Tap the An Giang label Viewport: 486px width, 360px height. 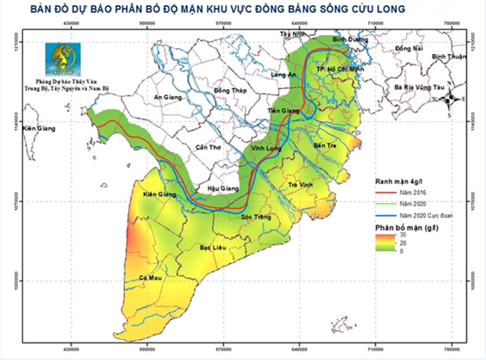pyautogui.click(x=168, y=99)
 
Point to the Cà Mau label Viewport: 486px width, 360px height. pyautogui.click(x=152, y=277)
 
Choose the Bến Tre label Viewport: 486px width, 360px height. pyautogui.click(x=325, y=146)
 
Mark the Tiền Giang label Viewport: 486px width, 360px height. pyautogui.click(x=284, y=112)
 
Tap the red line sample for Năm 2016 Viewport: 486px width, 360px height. pyautogui.click(x=379, y=193)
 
